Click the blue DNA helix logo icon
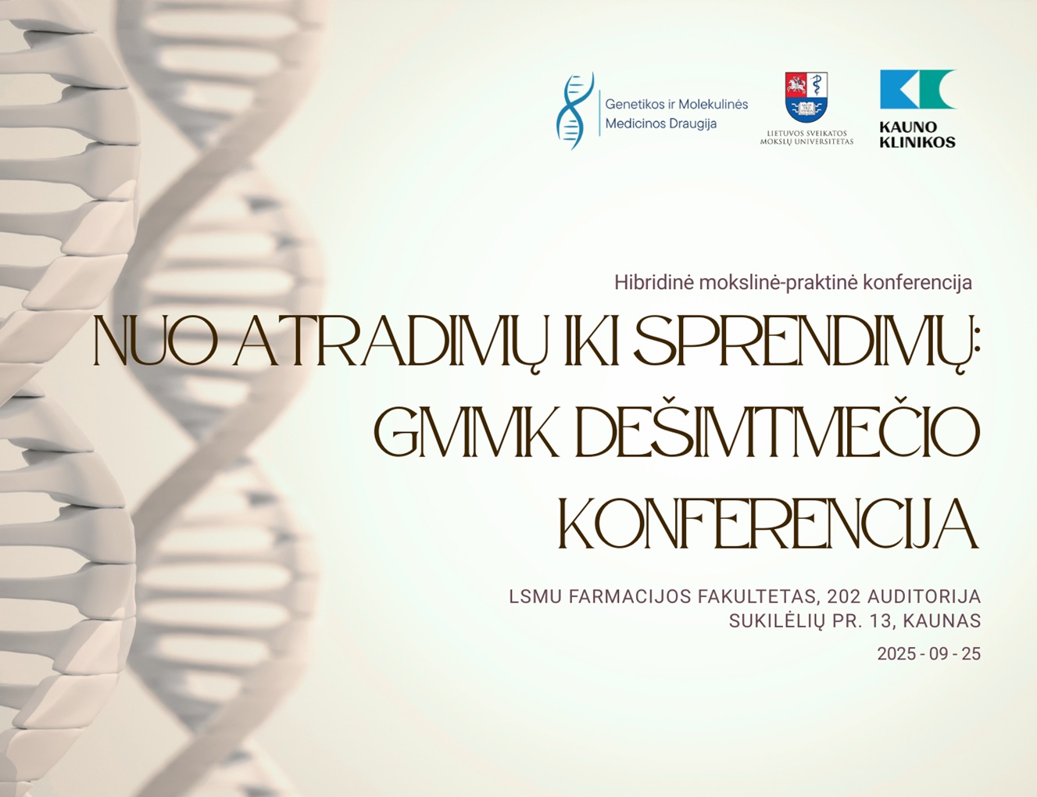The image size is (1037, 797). click(x=574, y=111)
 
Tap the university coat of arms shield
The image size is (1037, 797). click(x=806, y=97)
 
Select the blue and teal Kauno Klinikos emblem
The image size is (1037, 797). click(x=919, y=89)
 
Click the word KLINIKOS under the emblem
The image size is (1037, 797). click(x=917, y=141)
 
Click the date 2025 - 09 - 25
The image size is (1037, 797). click(x=928, y=654)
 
